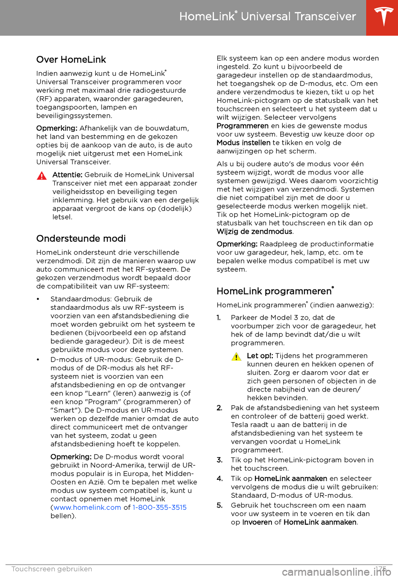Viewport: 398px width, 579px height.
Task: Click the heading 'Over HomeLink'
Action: (x=71, y=60)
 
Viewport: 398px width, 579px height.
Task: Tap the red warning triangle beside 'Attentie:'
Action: (x=41, y=175)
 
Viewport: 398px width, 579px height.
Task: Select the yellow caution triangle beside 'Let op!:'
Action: (x=236, y=356)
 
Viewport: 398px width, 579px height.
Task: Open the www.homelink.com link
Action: (x=87, y=508)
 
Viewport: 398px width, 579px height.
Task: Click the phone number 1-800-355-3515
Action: (x=160, y=508)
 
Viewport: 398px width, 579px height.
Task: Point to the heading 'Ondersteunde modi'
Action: (x=81, y=238)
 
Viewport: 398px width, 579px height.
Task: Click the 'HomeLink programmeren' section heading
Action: (x=275, y=291)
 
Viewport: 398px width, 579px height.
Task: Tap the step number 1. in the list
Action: (x=218, y=318)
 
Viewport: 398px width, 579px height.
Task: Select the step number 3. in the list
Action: (x=219, y=460)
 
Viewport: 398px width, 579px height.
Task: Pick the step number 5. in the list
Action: (x=219, y=505)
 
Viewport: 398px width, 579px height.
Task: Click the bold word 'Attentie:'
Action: (x=67, y=175)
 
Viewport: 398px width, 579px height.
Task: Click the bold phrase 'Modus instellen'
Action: (x=243, y=143)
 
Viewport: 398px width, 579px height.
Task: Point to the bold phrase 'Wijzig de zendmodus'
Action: (x=255, y=231)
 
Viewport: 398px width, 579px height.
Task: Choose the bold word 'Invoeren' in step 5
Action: (x=257, y=522)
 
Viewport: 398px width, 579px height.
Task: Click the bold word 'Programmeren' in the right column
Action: (x=243, y=126)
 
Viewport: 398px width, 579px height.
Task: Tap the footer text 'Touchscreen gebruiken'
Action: (x=52, y=569)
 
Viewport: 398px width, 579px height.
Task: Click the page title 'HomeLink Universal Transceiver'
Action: (x=267, y=17)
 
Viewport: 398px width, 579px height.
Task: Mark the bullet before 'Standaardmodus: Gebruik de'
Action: (x=38, y=299)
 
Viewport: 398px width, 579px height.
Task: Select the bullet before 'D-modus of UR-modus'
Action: (x=38, y=360)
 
